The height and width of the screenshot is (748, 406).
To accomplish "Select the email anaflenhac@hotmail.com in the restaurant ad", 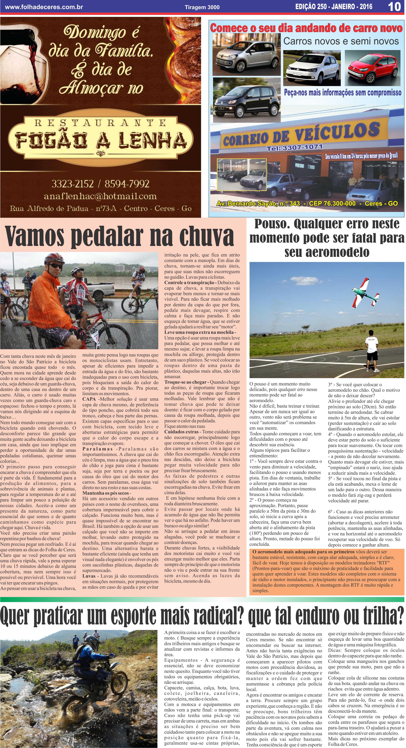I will tap(100, 196).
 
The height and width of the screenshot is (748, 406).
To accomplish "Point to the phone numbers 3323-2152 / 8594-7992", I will tap(100, 184).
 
